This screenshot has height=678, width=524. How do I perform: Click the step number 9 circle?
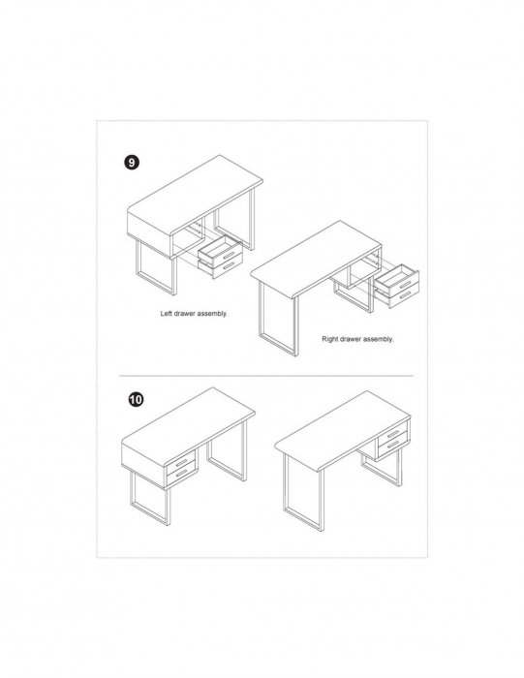click(x=132, y=163)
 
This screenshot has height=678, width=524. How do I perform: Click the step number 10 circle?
click(x=136, y=399)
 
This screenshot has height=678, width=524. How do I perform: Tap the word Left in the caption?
click(x=167, y=314)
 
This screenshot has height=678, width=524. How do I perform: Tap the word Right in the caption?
click(x=330, y=339)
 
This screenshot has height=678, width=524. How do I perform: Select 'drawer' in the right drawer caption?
click(x=351, y=339)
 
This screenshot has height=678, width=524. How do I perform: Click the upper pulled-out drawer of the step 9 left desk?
click(x=220, y=248)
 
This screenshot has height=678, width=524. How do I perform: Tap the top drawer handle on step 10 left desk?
click(x=181, y=462)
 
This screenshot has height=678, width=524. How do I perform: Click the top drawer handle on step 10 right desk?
click(x=393, y=433)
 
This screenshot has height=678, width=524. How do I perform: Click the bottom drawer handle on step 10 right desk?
click(x=393, y=446)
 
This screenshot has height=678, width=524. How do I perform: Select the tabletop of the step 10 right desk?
click(x=343, y=428)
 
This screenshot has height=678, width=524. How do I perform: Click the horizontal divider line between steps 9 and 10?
click(x=266, y=376)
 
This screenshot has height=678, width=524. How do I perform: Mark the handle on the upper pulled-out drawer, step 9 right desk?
click(x=405, y=283)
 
